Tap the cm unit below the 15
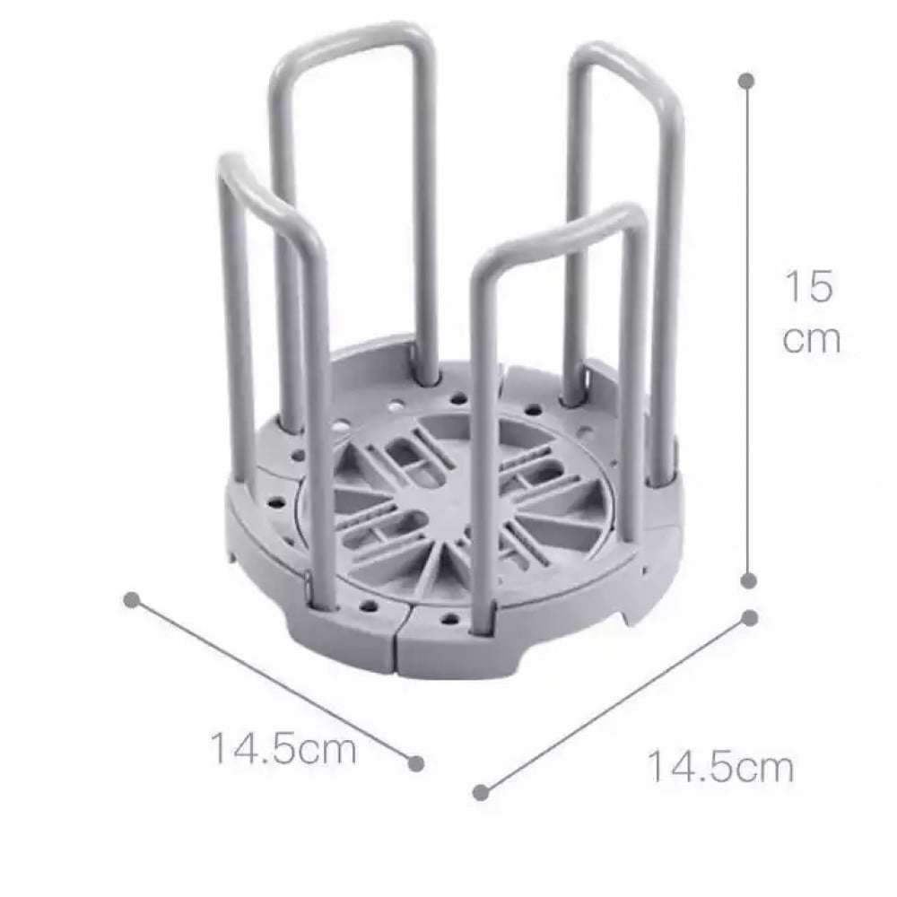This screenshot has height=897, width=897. pos(812,340)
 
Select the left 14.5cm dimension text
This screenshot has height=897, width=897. pos(283,748)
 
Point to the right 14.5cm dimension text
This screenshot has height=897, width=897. pos(721,767)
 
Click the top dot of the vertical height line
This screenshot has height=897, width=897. pos(746,81)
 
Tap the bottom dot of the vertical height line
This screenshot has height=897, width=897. pos(748,581)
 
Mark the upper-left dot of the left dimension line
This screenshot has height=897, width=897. pos(132,600)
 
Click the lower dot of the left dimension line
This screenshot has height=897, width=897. pos(416,763)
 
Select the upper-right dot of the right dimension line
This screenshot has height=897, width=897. pos(750,618)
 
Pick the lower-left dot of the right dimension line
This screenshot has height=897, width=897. pos(481,792)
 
